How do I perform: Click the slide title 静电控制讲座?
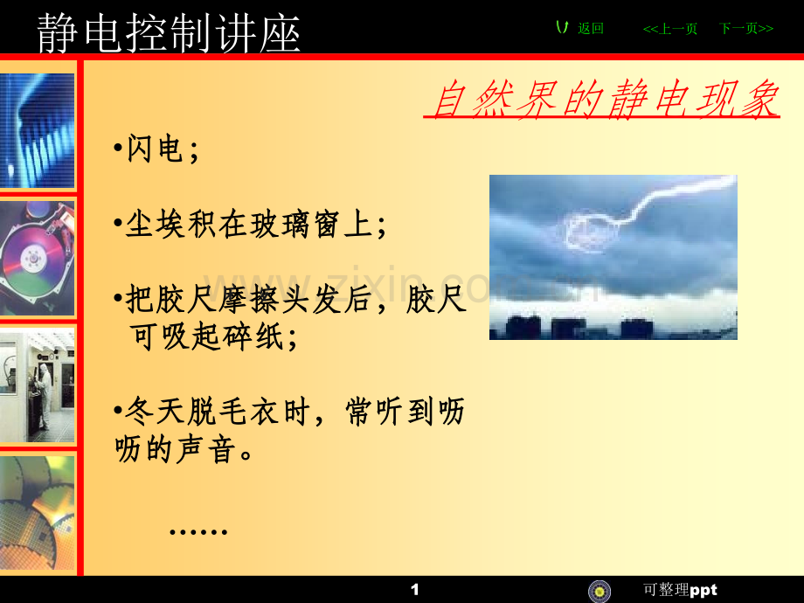click(x=169, y=33)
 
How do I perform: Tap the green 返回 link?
click(x=591, y=28)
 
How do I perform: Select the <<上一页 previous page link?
click(x=670, y=29)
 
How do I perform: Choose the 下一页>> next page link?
click(x=746, y=29)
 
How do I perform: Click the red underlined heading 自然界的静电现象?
click(x=605, y=99)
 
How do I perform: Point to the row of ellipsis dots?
click(x=198, y=531)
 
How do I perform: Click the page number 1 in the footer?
click(x=415, y=590)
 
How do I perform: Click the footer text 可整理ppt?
click(x=680, y=590)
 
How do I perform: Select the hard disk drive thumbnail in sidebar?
click(x=37, y=258)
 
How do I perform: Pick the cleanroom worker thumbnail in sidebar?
click(x=37, y=385)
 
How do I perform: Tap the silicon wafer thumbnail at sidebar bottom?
click(x=37, y=513)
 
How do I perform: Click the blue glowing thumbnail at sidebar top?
click(x=37, y=131)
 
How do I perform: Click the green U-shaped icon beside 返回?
click(x=563, y=28)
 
